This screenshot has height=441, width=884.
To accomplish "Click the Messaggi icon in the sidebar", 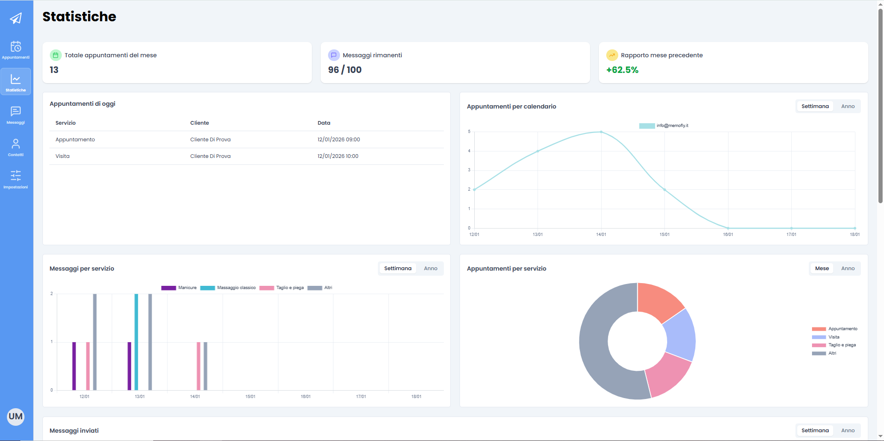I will tap(16, 115).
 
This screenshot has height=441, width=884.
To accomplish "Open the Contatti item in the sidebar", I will tap(16, 147).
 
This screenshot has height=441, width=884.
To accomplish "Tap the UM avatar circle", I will tap(16, 417).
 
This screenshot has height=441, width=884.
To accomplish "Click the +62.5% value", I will tap(622, 70).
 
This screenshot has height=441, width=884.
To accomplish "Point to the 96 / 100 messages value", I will tap(345, 70).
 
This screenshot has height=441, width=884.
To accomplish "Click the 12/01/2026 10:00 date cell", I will tap(338, 156).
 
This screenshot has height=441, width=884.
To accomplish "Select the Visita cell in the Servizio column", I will tap(62, 156).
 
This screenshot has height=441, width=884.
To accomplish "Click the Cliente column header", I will tap(199, 123).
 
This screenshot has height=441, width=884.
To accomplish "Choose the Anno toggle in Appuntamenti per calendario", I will tap(848, 106).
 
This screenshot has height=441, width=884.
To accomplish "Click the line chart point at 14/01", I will tap(601, 132).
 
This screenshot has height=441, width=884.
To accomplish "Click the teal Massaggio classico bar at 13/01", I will tap(136, 342).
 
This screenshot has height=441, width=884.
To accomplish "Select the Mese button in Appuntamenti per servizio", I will tap(822, 268).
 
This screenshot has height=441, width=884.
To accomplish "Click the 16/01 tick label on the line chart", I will tap(728, 235).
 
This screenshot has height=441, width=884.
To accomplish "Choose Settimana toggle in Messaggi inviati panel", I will tap(815, 430).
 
